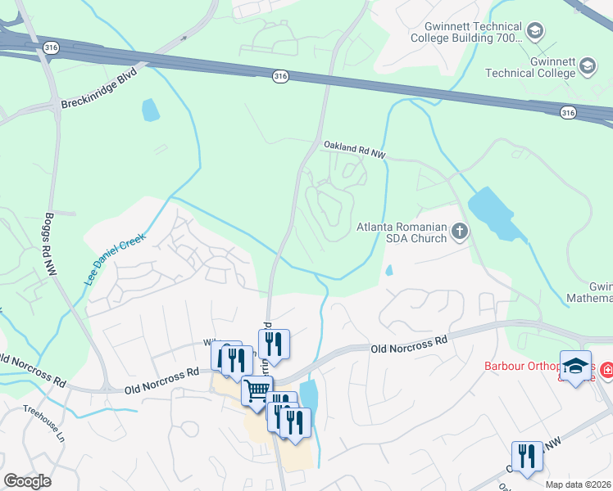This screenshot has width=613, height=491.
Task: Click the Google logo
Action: [x=27, y=481]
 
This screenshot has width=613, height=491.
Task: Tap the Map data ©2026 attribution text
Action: [x=579, y=484]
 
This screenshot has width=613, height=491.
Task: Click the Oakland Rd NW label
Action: [x=354, y=149]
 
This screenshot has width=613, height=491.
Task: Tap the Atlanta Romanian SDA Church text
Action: [x=402, y=232]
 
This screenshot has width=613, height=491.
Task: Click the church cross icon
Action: [x=459, y=233]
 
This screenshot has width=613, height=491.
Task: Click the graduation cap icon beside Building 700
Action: [x=535, y=33]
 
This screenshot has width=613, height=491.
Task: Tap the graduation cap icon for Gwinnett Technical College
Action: [x=587, y=66]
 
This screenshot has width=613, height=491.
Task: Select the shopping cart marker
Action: [x=257, y=391]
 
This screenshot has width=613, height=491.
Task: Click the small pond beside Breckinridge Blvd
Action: [x=151, y=110]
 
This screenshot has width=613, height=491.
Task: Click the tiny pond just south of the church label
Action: [x=388, y=269]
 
